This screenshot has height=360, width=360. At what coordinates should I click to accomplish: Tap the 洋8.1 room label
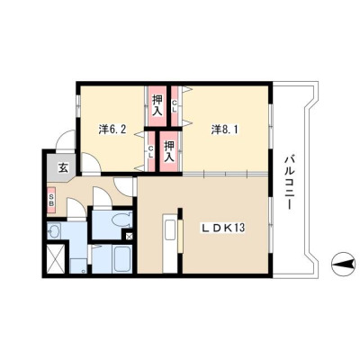(225, 130)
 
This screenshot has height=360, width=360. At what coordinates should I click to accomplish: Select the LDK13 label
(223, 228)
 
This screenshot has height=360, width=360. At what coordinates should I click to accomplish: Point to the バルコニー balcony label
(289, 182)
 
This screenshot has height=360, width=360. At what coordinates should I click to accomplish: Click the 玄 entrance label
(63, 167)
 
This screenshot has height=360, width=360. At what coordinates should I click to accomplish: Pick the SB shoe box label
(51, 200)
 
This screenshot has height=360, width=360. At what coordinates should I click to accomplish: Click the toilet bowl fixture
(121, 220)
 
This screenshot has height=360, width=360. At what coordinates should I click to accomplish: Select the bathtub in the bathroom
(121, 259)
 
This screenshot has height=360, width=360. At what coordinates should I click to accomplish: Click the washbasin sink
(54, 231)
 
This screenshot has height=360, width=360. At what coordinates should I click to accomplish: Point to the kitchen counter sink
(170, 230)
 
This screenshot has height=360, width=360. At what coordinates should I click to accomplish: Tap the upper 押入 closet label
(157, 105)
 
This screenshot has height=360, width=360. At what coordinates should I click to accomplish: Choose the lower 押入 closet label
(169, 151)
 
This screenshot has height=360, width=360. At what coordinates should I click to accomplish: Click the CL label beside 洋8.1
(174, 106)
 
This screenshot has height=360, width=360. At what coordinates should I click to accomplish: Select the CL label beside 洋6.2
(151, 152)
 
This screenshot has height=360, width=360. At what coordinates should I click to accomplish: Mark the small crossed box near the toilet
(129, 237)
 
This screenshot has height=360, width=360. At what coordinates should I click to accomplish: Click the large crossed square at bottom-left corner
(56, 258)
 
